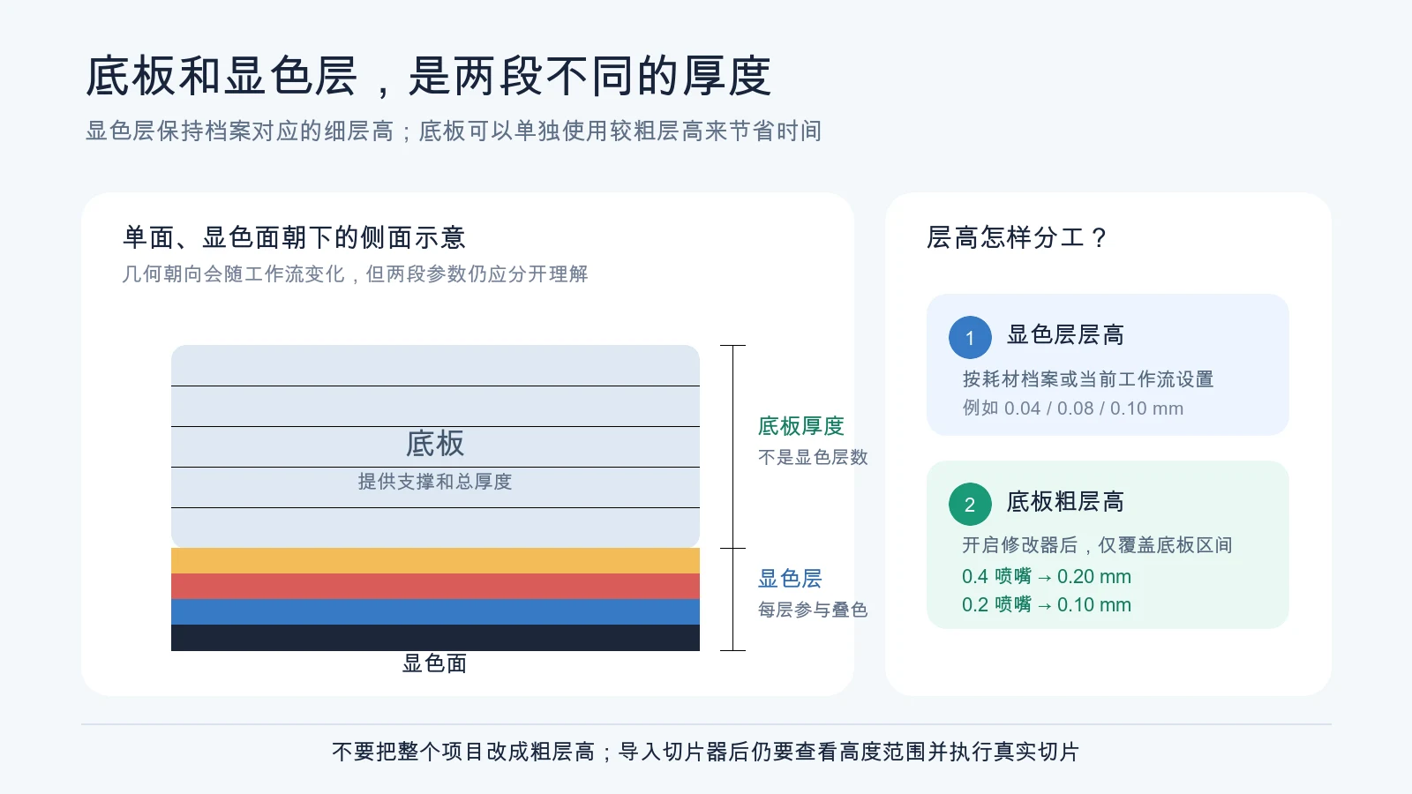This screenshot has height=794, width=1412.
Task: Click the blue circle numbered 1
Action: click(970, 337)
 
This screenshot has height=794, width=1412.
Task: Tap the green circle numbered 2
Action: click(970, 504)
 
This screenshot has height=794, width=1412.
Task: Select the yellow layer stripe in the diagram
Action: click(436, 561)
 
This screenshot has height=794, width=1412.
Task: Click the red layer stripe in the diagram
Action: click(436, 587)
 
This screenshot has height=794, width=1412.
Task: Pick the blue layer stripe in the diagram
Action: click(436, 612)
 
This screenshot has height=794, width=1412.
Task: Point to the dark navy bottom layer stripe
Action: click(436, 638)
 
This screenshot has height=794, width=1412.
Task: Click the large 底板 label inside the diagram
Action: click(435, 444)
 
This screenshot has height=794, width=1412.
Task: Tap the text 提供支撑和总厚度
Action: click(435, 482)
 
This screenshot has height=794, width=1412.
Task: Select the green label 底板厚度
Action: click(801, 426)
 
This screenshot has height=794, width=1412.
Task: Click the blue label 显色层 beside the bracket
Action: click(790, 579)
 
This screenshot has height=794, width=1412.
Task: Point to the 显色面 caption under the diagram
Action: click(435, 663)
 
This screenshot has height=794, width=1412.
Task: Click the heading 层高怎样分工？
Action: click(1017, 237)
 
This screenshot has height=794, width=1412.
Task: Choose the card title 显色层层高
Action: click(1065, 334)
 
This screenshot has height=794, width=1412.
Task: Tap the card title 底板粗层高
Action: click(1065, 502)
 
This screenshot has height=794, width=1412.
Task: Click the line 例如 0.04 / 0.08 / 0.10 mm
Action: click(1073, 408)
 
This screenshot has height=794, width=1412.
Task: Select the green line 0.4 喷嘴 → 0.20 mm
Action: click(1047, 577)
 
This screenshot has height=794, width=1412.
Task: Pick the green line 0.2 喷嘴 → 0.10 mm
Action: click(1047, 605)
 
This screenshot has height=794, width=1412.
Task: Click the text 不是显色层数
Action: click(813, 457)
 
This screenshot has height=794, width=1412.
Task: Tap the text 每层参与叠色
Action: click(813, 610)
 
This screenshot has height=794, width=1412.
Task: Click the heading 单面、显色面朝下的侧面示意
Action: click(294, 237)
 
